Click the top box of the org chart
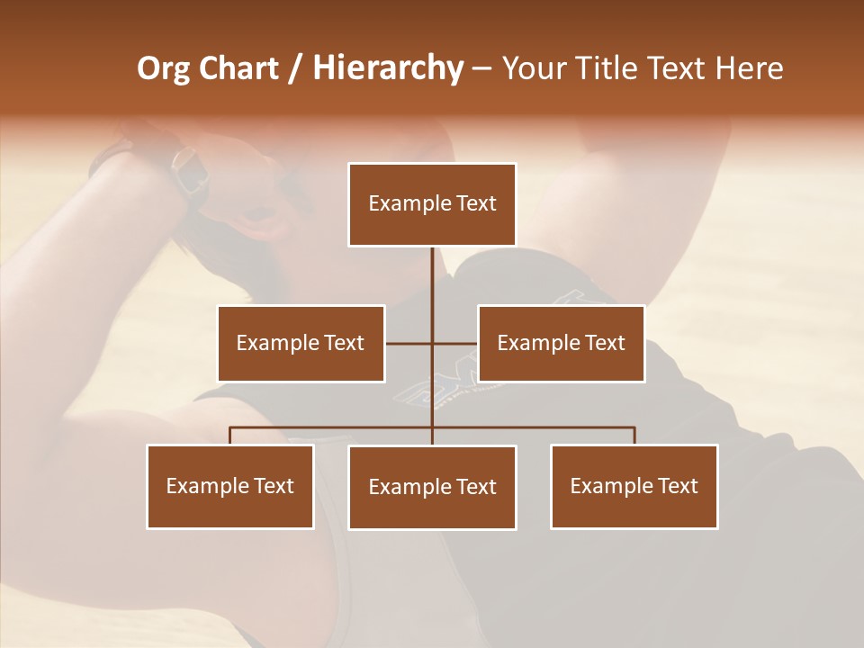432,204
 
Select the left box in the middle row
301,343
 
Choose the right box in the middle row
561,343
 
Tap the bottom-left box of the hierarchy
230,486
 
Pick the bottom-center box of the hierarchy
432,487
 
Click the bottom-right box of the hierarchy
634,486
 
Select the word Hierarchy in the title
388,68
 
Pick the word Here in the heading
749,68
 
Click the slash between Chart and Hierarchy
295,68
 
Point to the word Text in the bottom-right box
678,486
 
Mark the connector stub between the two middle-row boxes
431,343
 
